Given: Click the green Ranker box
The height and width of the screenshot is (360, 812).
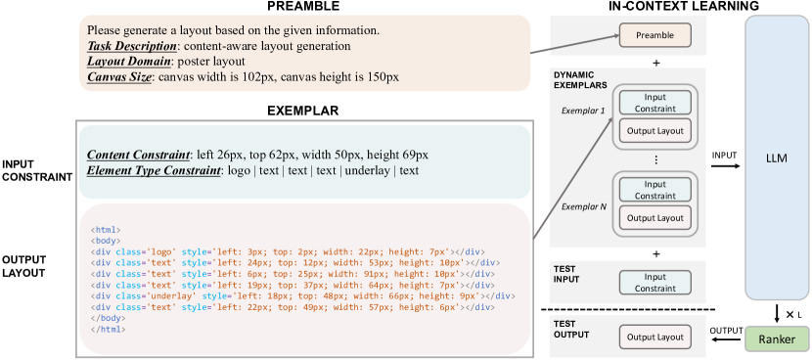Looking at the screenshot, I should click(777, 338).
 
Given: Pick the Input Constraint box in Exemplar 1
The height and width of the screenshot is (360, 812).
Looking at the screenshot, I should click(654, 101).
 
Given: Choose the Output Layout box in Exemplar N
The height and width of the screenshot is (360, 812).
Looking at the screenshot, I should click(654, 216).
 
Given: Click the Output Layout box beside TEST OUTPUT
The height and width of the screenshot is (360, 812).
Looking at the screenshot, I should click(654, 337).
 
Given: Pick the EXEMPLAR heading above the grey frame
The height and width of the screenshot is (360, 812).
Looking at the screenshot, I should click(302, 111).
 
